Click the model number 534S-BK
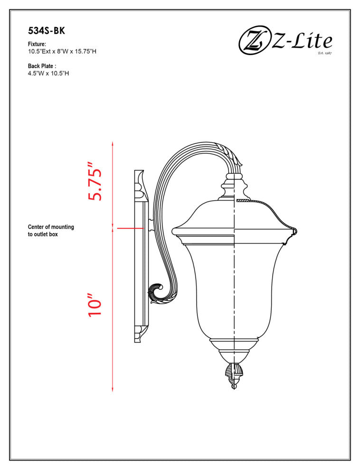click(46, 31)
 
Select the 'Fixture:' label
click(37, 44)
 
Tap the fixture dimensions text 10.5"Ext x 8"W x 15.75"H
click(62, 51)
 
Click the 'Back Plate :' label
click(42, 66)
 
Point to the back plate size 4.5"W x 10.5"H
click(48, 74)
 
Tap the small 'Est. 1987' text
click(324, 53)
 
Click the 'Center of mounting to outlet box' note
click(51, 231)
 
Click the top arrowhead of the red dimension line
click(113, 143)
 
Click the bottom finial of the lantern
click(233, 375)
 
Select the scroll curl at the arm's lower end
click(157, 292)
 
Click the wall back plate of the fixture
click(141, 256)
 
